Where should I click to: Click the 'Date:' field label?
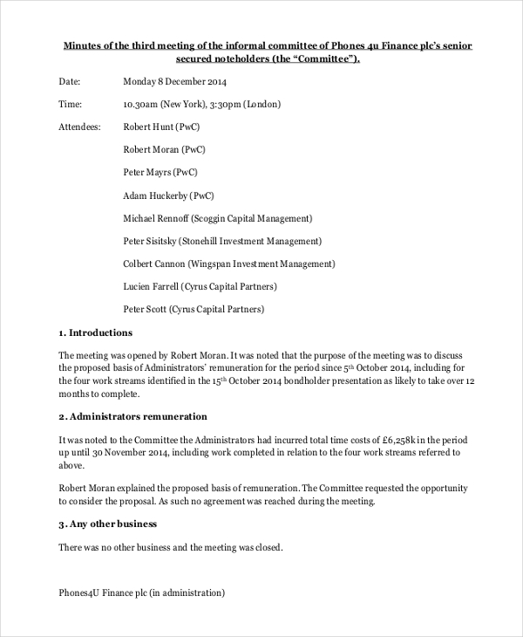point(69,81)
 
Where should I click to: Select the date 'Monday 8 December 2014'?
point(175,81)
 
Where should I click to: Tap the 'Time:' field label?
point(69,104)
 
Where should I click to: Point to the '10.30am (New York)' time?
point(161,104)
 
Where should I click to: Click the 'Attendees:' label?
point(79,127)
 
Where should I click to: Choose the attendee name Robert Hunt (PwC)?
point(161,127)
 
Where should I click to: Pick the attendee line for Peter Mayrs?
point(160,172)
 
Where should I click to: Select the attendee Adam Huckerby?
point(168,195)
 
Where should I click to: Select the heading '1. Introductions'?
point(95,332)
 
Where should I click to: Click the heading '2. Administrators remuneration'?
point(132,416)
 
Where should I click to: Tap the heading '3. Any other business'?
point(107,524)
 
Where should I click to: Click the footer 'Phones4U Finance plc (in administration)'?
point(141,592)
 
